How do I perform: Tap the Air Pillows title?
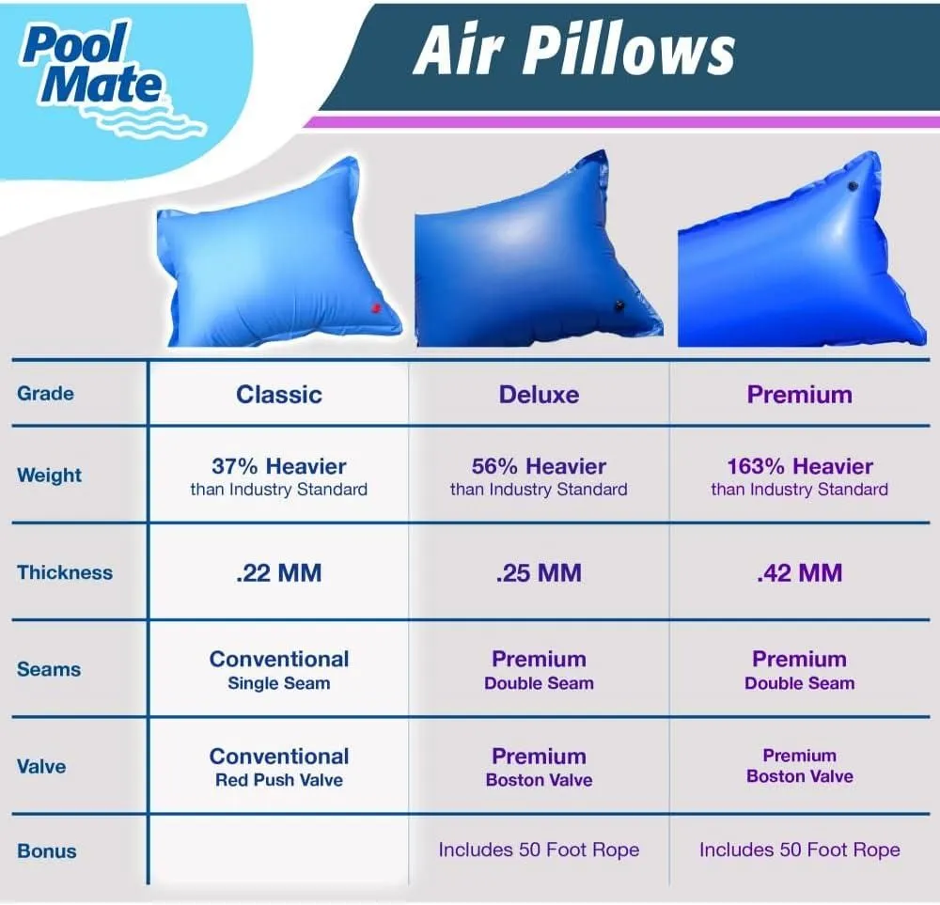574,52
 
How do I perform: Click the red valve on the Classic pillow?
376,308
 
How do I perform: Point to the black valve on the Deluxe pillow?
619,306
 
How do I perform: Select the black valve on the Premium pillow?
853,186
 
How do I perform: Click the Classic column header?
279,395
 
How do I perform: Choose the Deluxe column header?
539,395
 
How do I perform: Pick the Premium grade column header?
800,395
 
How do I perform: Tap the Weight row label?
49,476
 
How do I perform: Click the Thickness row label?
65,572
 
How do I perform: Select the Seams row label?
49,669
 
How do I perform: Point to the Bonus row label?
47,851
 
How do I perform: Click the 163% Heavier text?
800,466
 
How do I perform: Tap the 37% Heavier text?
279,466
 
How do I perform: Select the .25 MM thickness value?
539,573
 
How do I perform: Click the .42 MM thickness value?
800,573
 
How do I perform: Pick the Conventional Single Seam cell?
279,670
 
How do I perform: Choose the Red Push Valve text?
279,780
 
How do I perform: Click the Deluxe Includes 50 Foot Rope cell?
539,850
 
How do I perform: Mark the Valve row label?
41,767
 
